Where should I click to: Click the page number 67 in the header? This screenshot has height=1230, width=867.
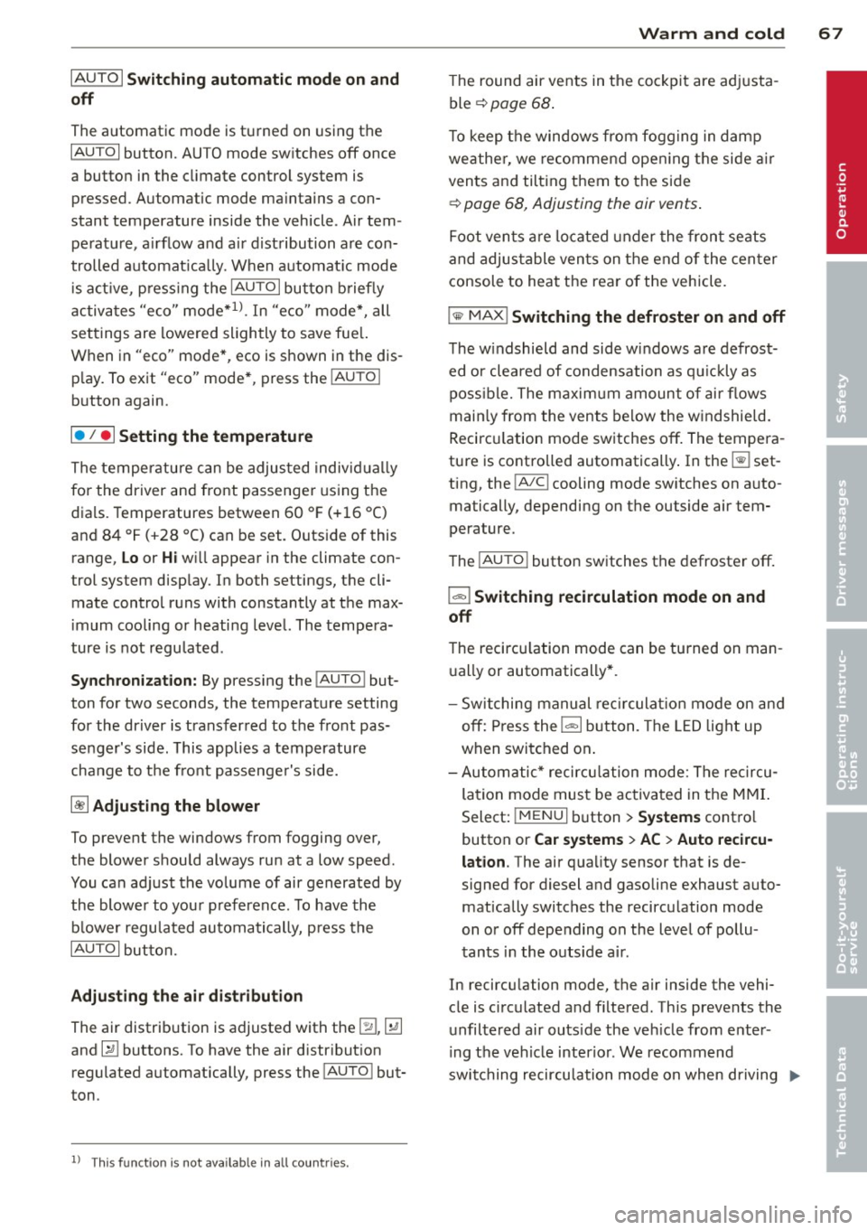point(831,33)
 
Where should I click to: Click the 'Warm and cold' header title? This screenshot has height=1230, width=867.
point(711,33)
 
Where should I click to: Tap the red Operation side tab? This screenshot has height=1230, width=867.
point(842,163)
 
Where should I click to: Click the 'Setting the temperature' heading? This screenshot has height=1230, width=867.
point(215,437)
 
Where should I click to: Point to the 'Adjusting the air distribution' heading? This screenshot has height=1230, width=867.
point(187,996)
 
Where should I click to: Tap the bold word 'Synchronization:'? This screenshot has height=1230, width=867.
point(134,681)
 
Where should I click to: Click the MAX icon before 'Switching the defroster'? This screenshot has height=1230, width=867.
point(478,316)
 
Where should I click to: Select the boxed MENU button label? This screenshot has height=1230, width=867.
point(540,816)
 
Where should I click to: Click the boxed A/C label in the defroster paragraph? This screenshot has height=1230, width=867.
point(531,484)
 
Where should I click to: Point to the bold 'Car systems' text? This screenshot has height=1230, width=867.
point(579,840)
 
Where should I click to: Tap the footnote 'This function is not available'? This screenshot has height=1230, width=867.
point(219,1163)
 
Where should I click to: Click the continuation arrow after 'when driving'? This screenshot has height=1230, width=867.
point(794,1075)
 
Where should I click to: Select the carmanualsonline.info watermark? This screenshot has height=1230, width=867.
point(732,1213)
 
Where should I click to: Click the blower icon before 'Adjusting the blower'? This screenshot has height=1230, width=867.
point(79,806)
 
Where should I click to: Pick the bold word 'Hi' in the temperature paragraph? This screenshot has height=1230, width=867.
point(169,559)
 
